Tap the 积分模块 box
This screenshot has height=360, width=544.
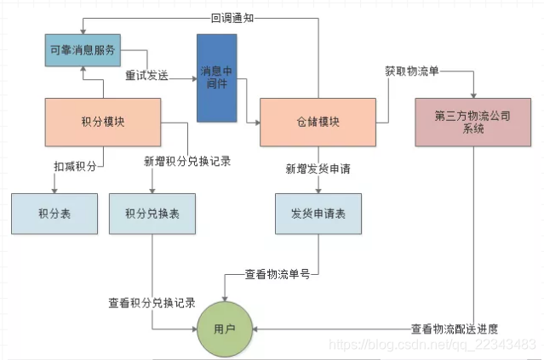[x=102, y=120]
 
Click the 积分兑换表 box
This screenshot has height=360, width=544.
[x=152, y=214]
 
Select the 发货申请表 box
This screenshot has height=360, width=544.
[x=318, y=214]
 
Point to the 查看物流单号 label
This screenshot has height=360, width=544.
[x=277, y=274]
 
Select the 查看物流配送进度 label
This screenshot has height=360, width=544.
[x=454, y=329]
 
